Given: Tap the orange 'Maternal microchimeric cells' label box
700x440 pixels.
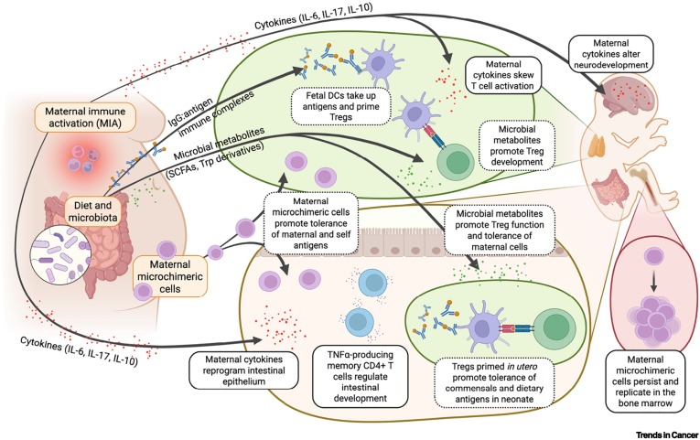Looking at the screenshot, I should [169, 275].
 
